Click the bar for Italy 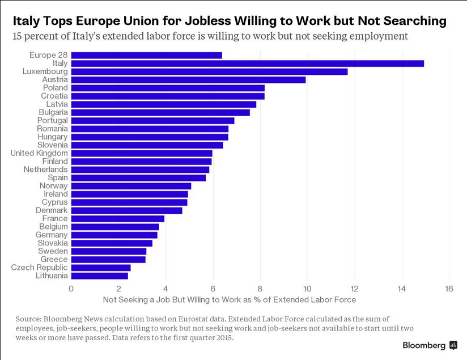click(247, 63)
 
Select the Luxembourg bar click(209, 71)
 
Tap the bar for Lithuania click(99, 276)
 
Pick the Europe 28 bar click(146, 55)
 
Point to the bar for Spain click(138, 177)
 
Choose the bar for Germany click(114, 235)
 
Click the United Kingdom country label click(39, 153)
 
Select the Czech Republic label click(39, 268)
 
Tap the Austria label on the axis click(55, 79)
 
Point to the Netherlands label click(45, 170)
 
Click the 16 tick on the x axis click(449, 289)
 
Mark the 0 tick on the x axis click(71, 289)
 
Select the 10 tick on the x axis click(307, 289)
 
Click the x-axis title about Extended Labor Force click(229, 299)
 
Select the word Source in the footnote click(29, 319)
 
